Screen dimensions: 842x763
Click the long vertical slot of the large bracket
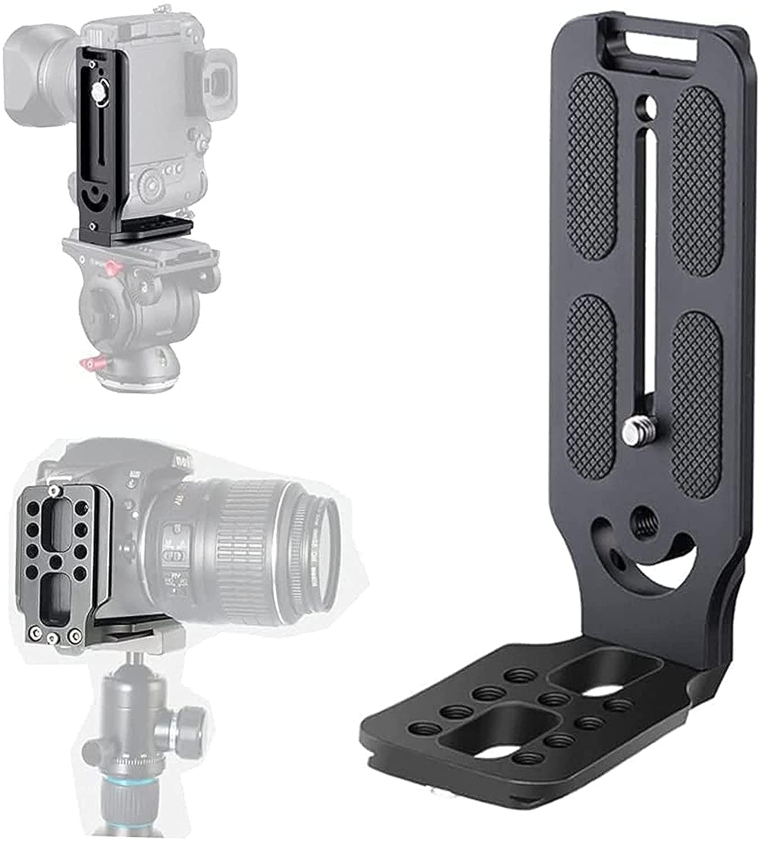pos(648,269)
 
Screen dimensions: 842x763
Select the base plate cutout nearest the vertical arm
pos(604,674)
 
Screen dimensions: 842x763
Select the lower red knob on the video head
pos(89,364)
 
